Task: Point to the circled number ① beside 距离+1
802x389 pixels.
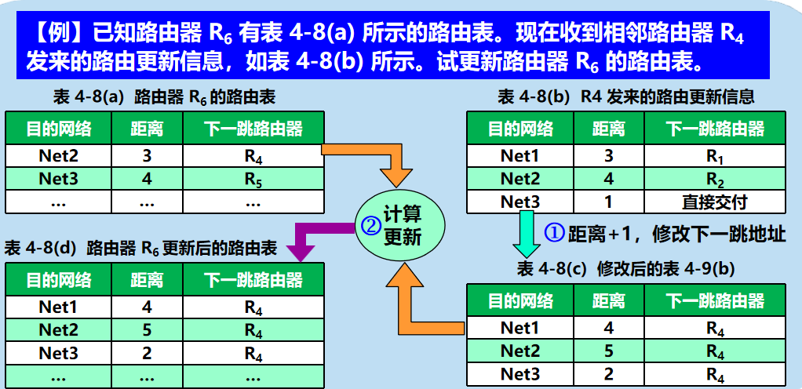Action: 554,233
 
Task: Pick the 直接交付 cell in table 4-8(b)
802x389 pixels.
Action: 714,202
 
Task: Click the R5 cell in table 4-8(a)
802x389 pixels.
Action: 253,179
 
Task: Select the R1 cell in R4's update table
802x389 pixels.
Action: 714,156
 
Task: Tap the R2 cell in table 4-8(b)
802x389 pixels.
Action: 714,179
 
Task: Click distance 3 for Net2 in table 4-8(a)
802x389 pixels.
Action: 147,156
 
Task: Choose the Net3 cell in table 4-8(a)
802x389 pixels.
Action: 58,179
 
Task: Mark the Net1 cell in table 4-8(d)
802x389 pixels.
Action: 58,307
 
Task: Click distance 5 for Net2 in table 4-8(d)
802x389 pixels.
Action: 147,331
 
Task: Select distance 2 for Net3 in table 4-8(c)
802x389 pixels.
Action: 609,374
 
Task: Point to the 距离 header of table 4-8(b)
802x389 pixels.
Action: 609,129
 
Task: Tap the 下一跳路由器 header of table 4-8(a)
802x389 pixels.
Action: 253,129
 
